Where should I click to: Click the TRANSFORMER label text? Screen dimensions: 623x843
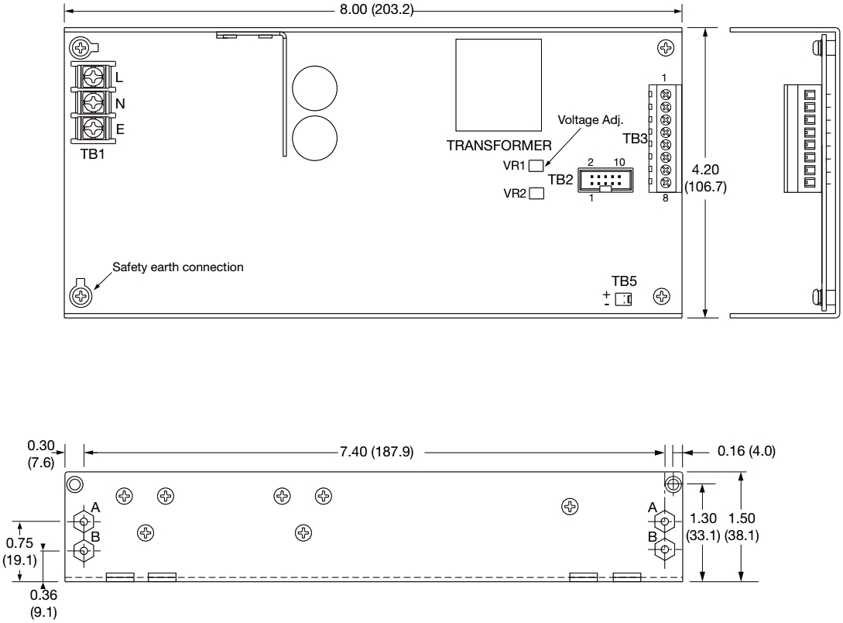point(499,145)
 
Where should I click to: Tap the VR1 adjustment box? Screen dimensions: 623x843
point(536,164)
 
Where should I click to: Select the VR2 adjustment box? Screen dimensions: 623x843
point(536,193)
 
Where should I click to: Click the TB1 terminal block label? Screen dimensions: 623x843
point(93,153)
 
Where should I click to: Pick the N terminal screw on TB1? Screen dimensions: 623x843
point(94,102)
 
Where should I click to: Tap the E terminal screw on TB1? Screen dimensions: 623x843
point(94,127)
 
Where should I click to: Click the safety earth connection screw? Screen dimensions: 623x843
point(81,295)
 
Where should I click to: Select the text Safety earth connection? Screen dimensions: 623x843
point(178,267)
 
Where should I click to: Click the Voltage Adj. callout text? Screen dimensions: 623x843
point(591,119)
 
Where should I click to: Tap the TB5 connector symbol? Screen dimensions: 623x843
point(622,299)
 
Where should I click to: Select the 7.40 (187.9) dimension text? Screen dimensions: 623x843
point(376,452)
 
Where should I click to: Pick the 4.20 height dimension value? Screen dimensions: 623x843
point(705,169)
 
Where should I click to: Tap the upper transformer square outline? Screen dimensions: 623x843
point(499,84)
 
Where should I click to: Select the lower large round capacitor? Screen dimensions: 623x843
point(314,138)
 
